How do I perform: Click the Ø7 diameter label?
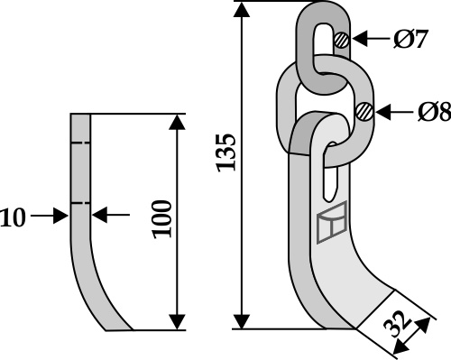tap(410, 40)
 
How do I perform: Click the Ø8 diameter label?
tap(434, 112)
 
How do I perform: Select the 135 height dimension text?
tap(226, 152)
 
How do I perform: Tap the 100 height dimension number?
tap(162, 219)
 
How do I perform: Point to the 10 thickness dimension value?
tap(13, 217)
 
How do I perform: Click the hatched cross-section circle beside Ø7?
tap(341, 40)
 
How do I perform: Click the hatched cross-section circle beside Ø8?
tap(364, 112)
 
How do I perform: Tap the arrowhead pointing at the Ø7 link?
tap(360, 39)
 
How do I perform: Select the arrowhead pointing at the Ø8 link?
tap(383, 112)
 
